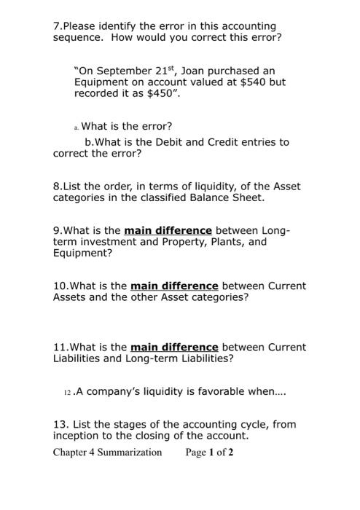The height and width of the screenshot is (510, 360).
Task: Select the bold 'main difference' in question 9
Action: click(168, 230)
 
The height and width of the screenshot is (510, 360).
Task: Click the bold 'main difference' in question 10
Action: click(174, 286)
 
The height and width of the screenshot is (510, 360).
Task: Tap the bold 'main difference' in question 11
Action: click(174, 347)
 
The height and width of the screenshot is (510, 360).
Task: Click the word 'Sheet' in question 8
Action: click(249, 197)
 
